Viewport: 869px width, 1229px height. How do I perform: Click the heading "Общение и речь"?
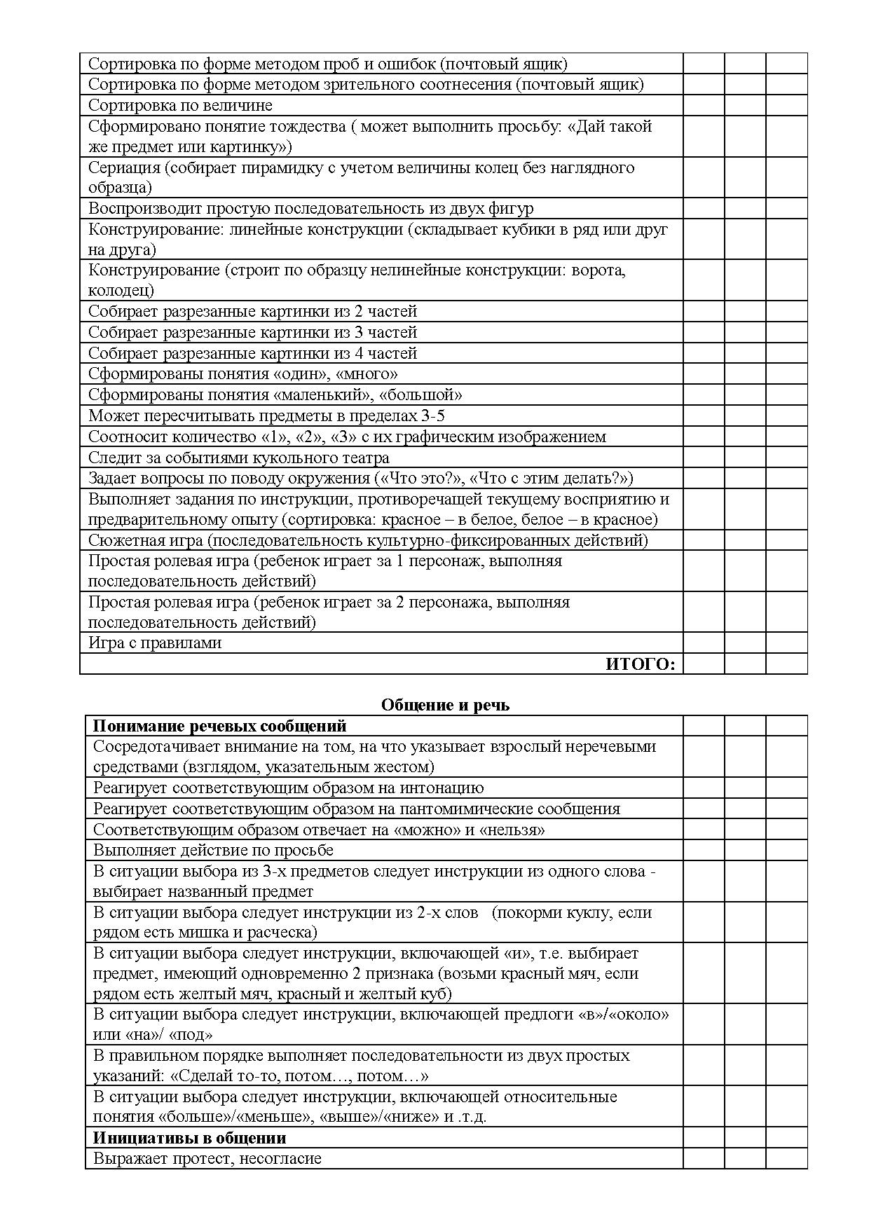click(x=445, y=705)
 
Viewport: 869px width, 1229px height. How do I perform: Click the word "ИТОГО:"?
click(x=640, y=664)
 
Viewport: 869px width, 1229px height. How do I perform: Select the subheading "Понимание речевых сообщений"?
click(x=219, y=726)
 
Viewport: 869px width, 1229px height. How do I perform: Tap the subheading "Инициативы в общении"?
click(x=189, y=1137)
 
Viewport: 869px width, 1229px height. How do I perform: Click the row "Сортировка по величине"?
click(x=180, y=105)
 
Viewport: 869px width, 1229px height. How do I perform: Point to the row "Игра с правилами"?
click(x=155, y=643)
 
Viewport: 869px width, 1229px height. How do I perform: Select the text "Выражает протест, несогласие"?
click(x=207, y=1158)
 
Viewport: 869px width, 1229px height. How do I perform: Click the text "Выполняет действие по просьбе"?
click(x=213, y=850)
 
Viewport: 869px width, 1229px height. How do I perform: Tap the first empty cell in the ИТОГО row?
click(x=704, y=664)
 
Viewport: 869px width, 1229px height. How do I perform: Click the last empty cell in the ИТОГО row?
click(x=786, y=664)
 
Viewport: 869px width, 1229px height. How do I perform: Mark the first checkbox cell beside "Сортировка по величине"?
click(x=704, y=105)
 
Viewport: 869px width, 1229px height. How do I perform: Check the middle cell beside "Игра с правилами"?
click(x=745, y=643)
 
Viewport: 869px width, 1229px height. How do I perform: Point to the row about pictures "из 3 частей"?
click(x=252, y=332)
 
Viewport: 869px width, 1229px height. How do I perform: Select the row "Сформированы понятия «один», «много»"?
click(x=242, y=373)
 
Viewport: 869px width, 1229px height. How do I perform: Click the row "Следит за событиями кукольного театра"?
click(x=238, y=458)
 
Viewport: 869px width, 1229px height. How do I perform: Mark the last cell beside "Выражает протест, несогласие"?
click(x=786, y=1158)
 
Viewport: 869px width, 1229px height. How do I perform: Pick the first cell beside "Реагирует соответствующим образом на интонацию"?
click(x=704, y=788)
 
